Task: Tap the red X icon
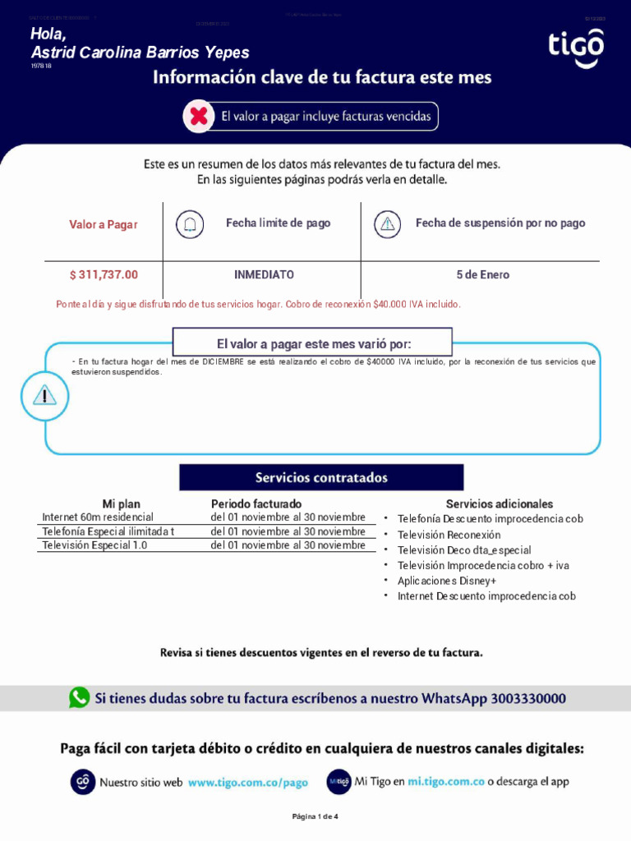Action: point(198,117)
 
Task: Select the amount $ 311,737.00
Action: point(104,274)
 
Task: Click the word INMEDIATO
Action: point(264,274)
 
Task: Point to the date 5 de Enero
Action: point(482,274)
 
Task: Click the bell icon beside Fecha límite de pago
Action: point(191,223)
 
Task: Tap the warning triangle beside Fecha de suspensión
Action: point(387,223)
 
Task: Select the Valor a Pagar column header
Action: point(104,224)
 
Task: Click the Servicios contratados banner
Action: point(321,477)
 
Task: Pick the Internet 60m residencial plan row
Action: point(98,517)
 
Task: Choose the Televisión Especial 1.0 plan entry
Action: point(95,545)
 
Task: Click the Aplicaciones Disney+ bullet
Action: point(447,581)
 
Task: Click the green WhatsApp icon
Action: point(80,698)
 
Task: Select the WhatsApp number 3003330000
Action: point(528,699)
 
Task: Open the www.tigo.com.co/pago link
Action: point(248,783)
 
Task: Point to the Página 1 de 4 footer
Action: point(315,816)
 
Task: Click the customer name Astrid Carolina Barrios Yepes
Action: point(140,53)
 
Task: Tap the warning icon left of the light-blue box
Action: point(44,396)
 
